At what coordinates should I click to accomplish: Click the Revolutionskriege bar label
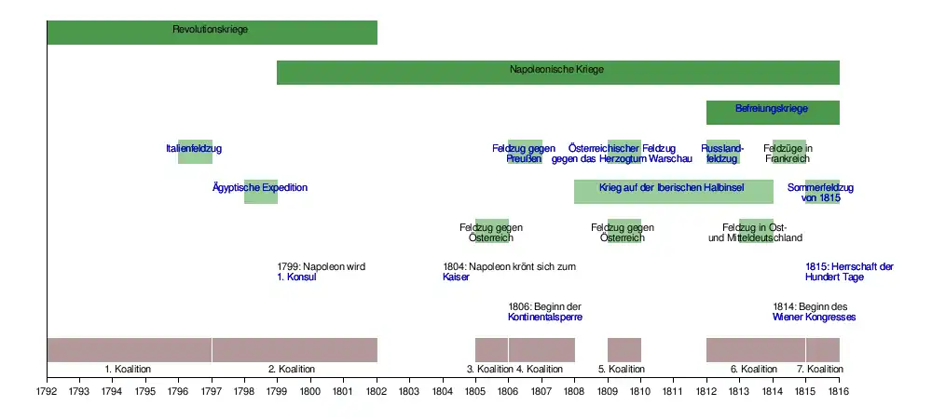(x=211, y=30)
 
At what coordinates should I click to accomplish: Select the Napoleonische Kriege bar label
(x=557, y=70)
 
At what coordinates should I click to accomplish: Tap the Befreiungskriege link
(x=772, y=110)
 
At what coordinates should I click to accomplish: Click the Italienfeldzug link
(x=194, y=149)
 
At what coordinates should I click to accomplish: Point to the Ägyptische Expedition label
(x=260, y=188)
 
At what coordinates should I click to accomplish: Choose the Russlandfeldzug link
(x=722, y=154)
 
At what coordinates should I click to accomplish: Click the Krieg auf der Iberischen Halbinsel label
(x=672, y=188)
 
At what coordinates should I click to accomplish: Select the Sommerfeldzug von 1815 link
(x=820, y=193)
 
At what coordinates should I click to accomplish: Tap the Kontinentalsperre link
(x=545, y=318)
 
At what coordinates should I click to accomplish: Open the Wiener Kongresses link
(x=814, y=318)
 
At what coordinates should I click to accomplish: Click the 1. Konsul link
(x=297, y=277)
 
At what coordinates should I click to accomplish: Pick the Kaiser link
(x=456, y=277)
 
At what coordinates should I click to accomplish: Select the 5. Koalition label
(x=624, y=370)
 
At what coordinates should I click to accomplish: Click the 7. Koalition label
(x=820, y=370)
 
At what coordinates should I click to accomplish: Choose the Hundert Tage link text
(x=834, y=277)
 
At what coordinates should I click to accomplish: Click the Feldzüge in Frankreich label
(x=788, y=154)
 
